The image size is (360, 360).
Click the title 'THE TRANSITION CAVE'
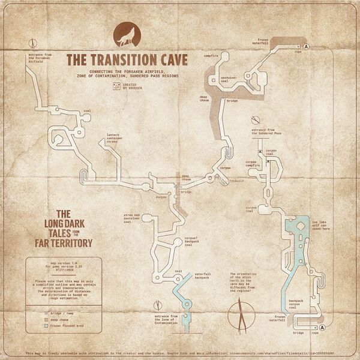(x=127, y=61)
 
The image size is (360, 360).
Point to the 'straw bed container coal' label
(x=131, y=218)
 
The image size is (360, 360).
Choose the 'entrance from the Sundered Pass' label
(x=266, y=132)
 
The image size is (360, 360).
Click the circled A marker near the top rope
(x=306, y=46)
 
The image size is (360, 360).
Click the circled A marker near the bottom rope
(x=322, y=327)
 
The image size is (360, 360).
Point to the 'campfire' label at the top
(x=211, y=56)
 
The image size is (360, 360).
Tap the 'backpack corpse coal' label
(x=297, y=304)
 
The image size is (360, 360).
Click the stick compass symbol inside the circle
(x=242, y=313)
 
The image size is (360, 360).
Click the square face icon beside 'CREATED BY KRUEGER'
(x=116, y=86)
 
